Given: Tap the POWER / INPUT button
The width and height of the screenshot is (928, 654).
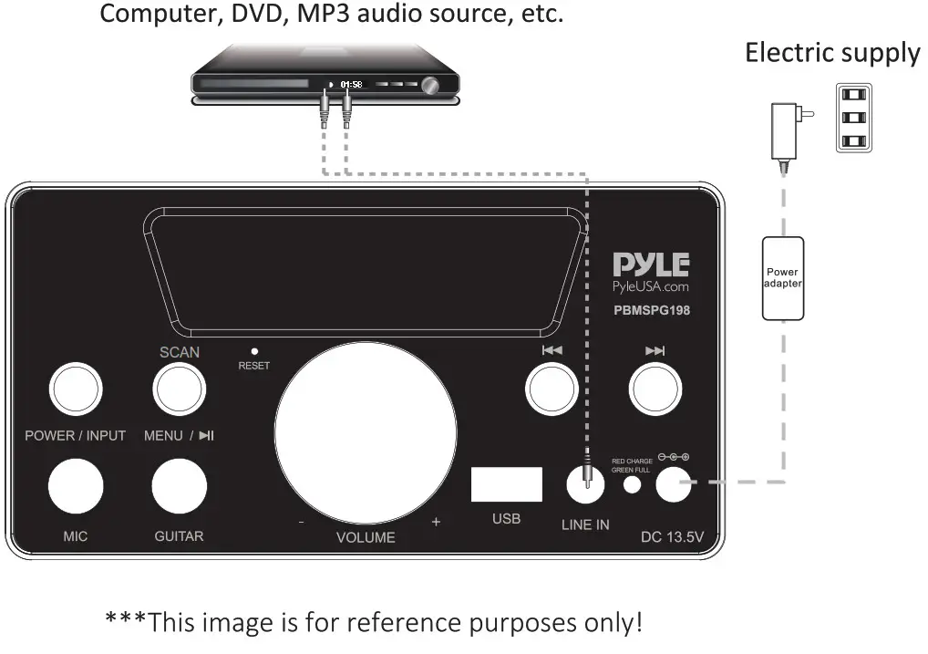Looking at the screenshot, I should (75, 389).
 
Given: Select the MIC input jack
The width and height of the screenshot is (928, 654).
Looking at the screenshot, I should (75, 485).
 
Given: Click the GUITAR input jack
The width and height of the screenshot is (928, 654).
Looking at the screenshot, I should (179, 485).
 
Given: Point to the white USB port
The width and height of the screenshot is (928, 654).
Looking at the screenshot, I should (506, 484).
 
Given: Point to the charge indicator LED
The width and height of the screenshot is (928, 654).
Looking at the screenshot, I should (632, 484).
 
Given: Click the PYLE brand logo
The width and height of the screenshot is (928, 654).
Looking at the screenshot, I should (650, 265).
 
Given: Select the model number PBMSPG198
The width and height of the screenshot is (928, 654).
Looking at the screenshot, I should (651, 310).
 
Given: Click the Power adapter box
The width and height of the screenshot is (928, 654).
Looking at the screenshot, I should (783, 278).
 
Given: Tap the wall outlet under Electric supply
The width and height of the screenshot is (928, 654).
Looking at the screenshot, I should (853, 119).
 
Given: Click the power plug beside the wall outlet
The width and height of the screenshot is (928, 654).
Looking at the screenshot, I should (786, 125).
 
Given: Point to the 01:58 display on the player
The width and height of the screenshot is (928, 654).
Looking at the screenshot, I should (351, 84).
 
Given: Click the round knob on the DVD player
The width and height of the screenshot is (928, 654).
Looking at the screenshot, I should (429, 85).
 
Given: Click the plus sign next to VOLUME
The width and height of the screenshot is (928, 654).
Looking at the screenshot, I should (436, 522).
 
